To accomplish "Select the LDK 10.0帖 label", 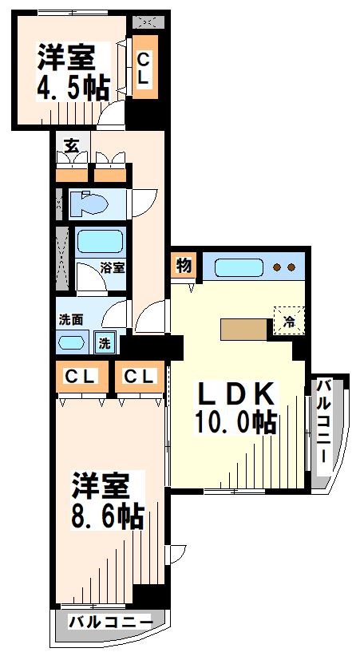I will point(236,407).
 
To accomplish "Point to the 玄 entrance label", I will point(71,145).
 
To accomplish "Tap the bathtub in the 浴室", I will point(99,242).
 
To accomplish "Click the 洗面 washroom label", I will point(70,319).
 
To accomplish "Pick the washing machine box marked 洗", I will point(105,343).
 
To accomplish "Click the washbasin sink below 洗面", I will point(73,343).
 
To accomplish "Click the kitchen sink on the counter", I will point(236,267).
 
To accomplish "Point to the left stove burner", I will point(276,267).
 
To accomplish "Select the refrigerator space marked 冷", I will point(287,322).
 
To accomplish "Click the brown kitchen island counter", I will point(244,329).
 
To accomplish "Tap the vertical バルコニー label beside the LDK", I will point(325,424).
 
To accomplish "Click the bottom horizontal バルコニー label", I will point(110,622).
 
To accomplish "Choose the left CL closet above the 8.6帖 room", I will point(81,376).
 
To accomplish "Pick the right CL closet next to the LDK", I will point(140,376).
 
